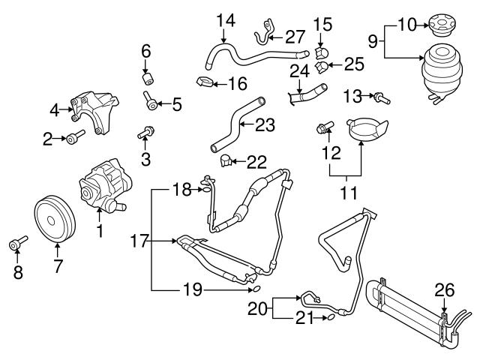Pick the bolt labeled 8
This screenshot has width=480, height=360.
click(16, 244)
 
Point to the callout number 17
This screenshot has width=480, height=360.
click(136, 241)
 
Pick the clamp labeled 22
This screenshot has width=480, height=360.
click(225, 159)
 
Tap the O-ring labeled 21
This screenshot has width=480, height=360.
click(328, 320)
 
